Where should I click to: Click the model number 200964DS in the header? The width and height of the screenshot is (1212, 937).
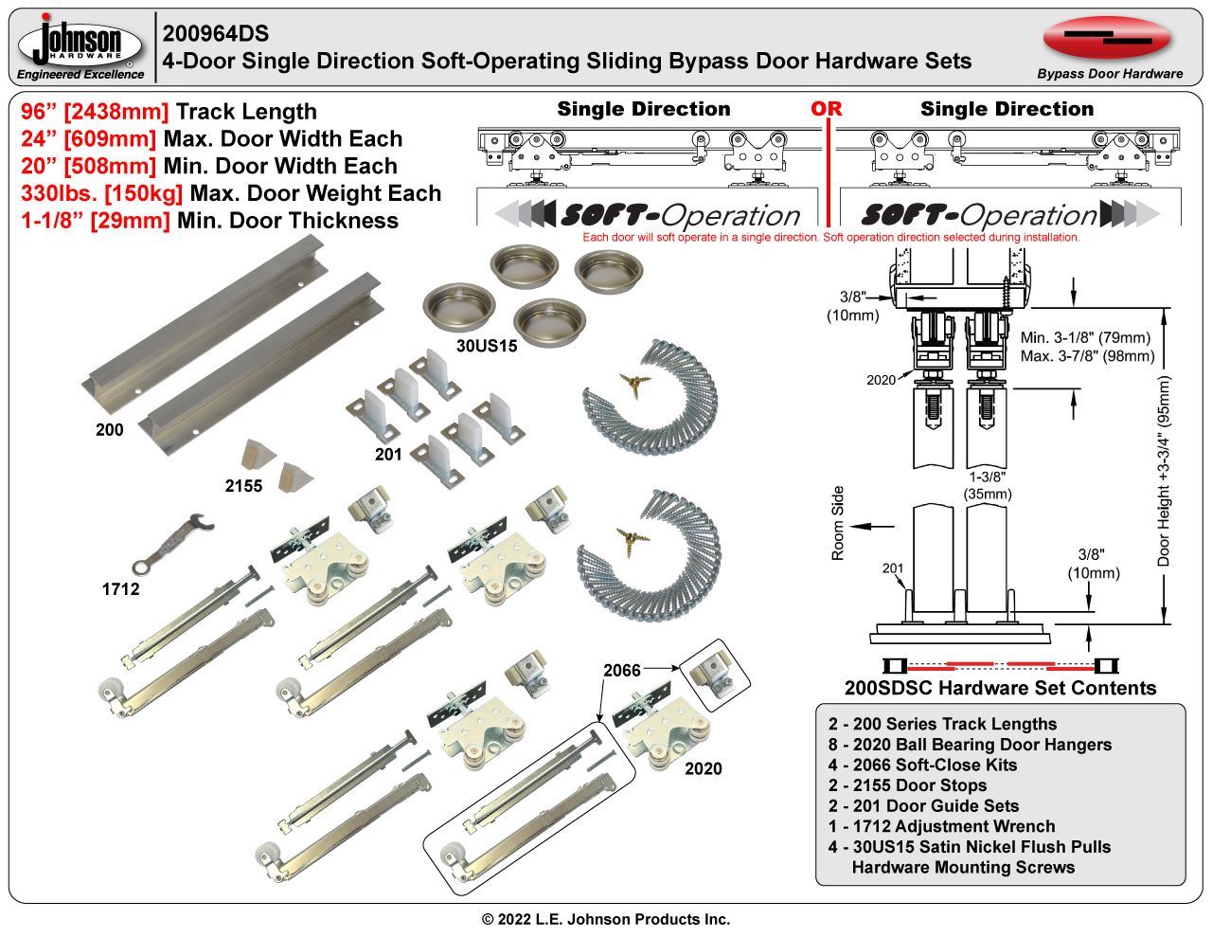(216, 33)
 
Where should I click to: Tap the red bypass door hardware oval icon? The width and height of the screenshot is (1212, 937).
(1107, 37)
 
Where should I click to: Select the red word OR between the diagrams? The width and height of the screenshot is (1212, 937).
(826, 109)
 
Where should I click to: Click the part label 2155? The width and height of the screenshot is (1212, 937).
(243, 486)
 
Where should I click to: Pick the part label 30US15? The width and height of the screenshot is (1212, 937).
(487, 346)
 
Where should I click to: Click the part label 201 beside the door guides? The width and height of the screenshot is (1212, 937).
(388, 454)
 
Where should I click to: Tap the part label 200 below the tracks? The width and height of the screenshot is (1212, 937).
(109, 430)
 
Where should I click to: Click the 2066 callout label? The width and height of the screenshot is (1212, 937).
(622, 670)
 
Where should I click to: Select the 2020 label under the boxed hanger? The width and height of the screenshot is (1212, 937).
(703, 768)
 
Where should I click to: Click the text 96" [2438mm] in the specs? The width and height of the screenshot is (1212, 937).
(95, 112)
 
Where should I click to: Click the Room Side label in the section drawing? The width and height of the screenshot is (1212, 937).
(838, 523)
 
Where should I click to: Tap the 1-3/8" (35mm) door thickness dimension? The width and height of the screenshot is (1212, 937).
(988, 485)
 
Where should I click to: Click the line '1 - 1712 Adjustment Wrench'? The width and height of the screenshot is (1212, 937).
(941, 826)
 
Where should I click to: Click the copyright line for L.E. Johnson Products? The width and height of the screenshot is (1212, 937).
(606, 919)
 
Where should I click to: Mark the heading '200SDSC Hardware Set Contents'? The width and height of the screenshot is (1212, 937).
(1000, 688)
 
